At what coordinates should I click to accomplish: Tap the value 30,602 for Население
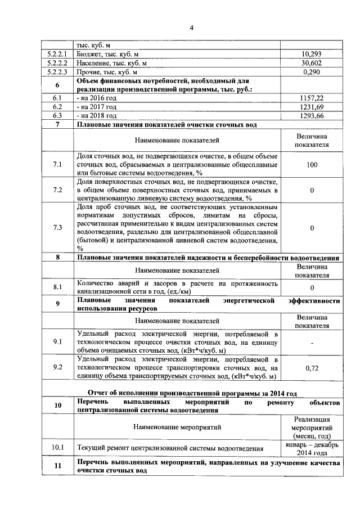coord(311,64)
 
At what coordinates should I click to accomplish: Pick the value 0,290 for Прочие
coord(311,73)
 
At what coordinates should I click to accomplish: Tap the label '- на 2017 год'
coord(97,107)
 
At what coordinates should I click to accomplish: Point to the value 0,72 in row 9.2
coord(312,367)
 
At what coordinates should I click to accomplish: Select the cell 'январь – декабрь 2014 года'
coord(311,448)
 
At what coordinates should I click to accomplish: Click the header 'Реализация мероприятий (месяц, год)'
coord(311,427)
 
